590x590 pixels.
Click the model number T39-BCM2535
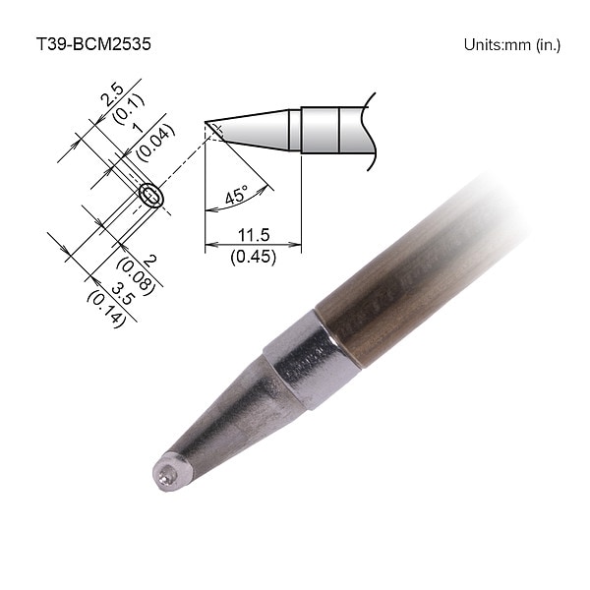(x=93, y=44)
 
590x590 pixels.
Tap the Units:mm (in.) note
(x=512, y=45)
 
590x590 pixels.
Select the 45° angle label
(x=237, y=194)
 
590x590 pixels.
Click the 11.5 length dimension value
(x=254, y=235)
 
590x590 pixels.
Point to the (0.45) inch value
(x=254, y=257)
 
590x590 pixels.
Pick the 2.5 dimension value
(x=113, y=94)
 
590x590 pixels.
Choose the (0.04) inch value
(x=155, y=143)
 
